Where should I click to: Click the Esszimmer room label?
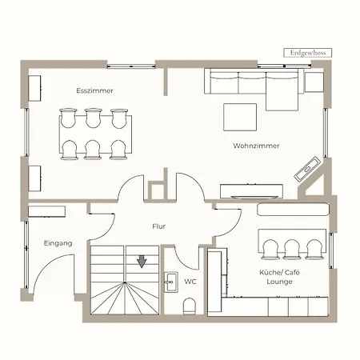94,90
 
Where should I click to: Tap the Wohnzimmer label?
256,146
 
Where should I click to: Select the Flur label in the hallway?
159,226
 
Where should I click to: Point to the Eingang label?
58,243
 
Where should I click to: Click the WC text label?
190,282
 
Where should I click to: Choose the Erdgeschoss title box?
308,53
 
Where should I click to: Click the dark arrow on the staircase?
142,262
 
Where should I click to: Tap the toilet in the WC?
190,306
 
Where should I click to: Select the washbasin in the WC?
170,282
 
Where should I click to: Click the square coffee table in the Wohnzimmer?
240,117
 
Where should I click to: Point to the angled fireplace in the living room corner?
307,169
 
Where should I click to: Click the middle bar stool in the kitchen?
292,250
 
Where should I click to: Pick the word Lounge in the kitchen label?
279,282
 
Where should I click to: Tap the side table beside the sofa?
314,82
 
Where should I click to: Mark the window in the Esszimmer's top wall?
131,66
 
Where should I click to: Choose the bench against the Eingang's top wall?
46,211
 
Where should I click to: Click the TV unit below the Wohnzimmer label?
251,191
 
